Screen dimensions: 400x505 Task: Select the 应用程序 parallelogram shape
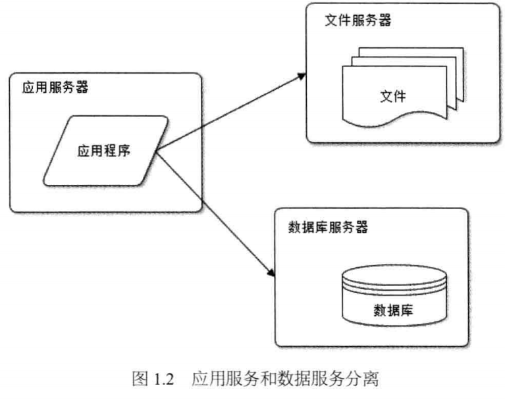[105, 151]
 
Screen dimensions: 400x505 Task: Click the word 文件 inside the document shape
[393, 96]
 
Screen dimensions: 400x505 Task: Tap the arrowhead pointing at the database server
[269, 271]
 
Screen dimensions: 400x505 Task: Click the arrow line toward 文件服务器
[230, 112]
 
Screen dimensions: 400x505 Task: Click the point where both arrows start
[156, 152]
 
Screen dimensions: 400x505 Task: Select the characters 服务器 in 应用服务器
[65, 89]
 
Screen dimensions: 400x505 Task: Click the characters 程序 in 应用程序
[119, 151]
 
